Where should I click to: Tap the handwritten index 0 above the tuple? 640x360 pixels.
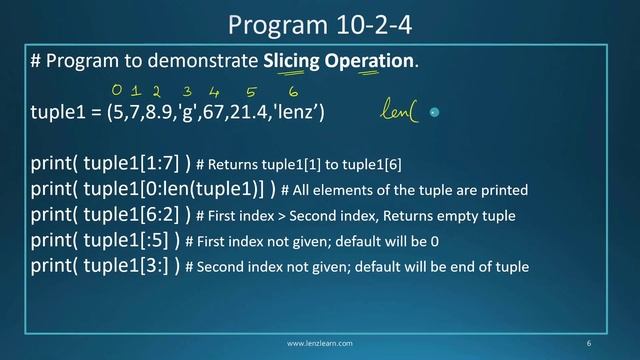(x=117, y=91)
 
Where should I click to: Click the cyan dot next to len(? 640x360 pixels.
(x=433, y=113)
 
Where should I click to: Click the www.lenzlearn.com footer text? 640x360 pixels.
(x=319, y=343)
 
